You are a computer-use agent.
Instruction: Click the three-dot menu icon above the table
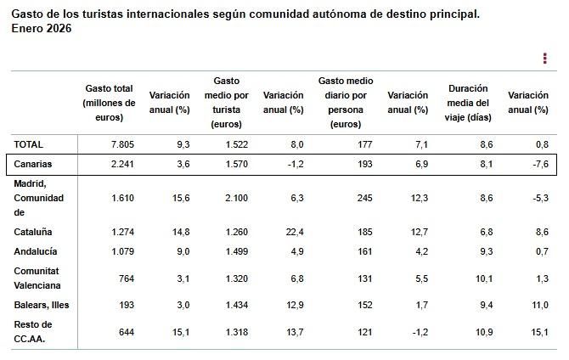click(544, 58)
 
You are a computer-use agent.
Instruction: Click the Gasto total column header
click(110, 102)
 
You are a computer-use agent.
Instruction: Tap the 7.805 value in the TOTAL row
click(122, 145)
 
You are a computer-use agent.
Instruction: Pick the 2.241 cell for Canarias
click(122, 163)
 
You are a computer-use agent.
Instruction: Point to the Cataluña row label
click(33, 231)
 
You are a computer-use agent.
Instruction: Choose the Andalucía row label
click(36, 251)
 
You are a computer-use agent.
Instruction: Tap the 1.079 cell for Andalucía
click(122, 251)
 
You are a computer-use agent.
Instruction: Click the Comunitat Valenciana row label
click(38, 278)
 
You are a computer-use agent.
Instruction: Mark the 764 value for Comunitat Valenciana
click(127, 278)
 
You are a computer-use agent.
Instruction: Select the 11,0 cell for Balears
click(539, 304)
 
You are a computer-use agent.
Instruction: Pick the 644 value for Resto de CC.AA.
click(127, 331)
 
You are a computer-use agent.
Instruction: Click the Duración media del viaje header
click(470, 102)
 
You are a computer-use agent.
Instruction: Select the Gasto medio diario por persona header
click(346, 102)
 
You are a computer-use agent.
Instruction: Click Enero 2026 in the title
click(41, 29)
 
